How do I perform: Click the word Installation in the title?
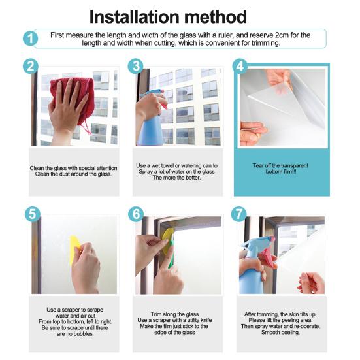(135, 17)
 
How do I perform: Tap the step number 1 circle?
(30, 38)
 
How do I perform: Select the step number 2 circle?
(31, 67)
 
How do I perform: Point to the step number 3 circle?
(136, 66)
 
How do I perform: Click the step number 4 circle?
(240, 66)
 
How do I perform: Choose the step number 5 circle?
(33, 214)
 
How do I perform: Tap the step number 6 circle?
(136, 214)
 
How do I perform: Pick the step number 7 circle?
(238, 214)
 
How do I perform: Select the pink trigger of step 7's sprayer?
(267, 255)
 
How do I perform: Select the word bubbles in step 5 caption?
(83, 334)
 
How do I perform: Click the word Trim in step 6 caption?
(156, 314)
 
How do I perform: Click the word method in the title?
(216, 17)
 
